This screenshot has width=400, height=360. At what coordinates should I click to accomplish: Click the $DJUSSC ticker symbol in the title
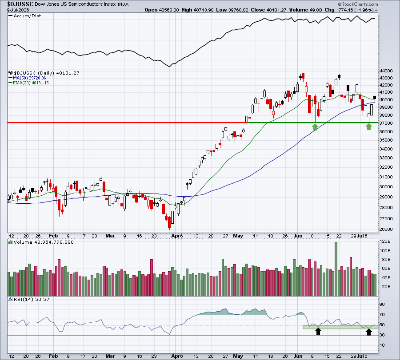20,4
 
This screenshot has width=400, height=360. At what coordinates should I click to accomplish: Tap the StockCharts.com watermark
358,4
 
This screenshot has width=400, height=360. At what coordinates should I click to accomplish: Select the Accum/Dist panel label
27,16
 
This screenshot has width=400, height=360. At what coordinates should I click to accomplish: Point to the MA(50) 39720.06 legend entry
29,78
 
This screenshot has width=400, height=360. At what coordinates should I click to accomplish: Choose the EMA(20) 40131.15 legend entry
31,83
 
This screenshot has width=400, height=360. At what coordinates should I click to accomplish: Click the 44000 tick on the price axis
386,71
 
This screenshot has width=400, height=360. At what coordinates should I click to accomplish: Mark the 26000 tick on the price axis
386,229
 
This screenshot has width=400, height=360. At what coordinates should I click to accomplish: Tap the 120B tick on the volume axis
385,241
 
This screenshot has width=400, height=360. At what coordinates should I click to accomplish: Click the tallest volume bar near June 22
336,269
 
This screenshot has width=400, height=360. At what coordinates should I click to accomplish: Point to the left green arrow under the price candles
315,127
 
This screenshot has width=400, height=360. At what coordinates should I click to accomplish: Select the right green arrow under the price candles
368,127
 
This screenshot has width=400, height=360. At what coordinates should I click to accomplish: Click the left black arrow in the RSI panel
318,331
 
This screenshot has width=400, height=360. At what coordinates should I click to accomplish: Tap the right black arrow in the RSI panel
368,332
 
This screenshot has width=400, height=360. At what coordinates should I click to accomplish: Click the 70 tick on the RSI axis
382,315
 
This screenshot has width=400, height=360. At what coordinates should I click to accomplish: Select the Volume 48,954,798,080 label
44,242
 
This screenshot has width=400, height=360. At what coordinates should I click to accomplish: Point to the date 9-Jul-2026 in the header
18,10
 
